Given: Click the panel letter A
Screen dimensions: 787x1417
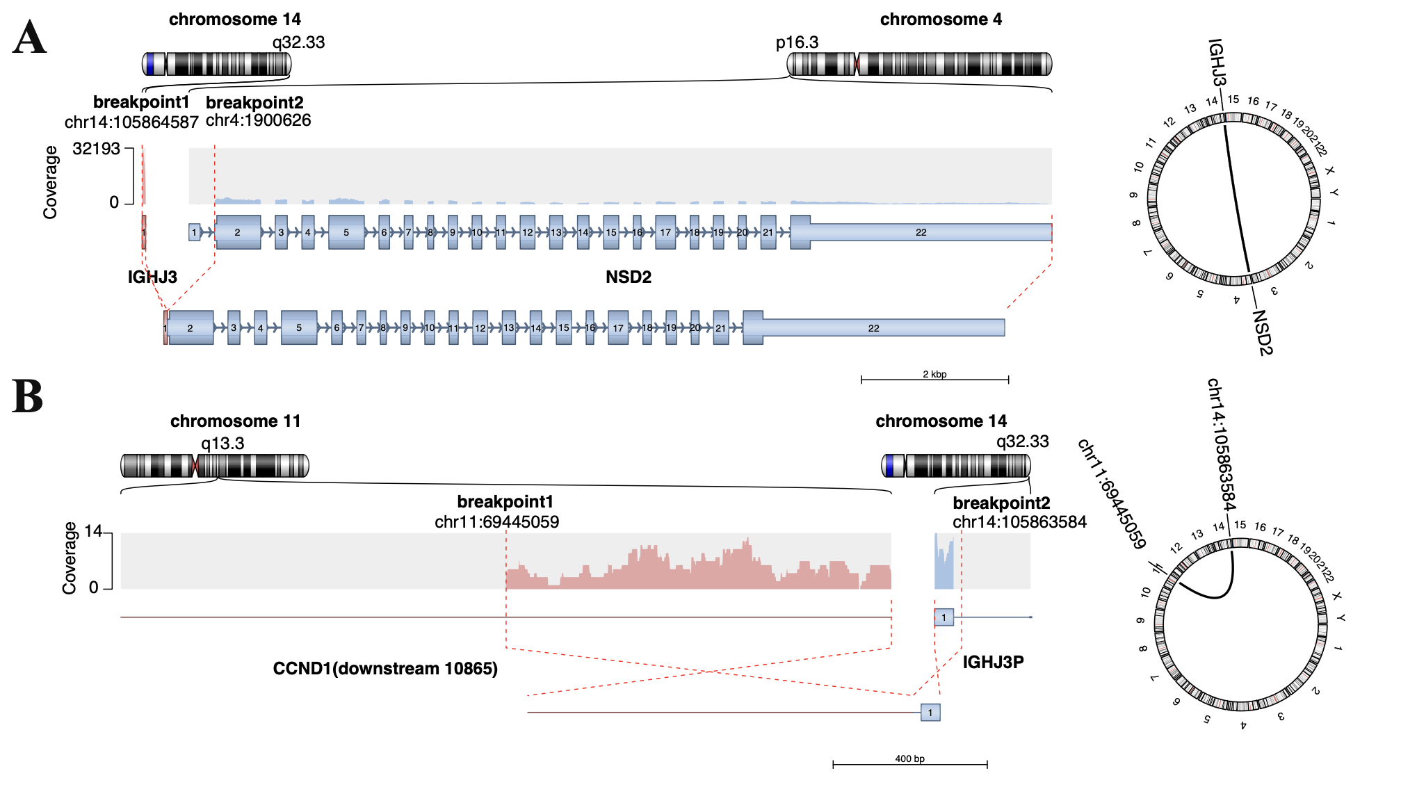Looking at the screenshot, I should tap(29, 38).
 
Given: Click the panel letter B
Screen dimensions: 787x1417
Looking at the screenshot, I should tap(28, 397).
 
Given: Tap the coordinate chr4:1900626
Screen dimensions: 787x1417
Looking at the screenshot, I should tap(258, 120).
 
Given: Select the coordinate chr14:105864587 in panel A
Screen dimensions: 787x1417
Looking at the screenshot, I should tap(131, 122).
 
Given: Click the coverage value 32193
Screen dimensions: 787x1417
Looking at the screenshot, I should tap(96, 149).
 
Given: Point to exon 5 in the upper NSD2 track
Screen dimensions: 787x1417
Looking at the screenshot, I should tap(346, 232).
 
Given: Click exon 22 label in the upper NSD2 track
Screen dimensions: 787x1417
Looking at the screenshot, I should tap(921, 232).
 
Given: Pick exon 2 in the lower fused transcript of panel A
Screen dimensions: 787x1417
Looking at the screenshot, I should tap(190, 328).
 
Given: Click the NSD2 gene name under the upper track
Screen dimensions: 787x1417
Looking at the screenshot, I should tap(628, 277).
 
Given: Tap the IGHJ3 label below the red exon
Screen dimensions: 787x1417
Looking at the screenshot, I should tap(152, 277).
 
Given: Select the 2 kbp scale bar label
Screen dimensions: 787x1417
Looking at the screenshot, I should tap(934, 374).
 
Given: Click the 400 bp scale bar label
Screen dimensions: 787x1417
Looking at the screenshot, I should tap(909, 758).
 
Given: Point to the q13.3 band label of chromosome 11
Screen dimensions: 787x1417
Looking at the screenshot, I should tap(222, 444).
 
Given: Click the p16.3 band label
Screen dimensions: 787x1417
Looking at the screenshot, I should tap(797, 42).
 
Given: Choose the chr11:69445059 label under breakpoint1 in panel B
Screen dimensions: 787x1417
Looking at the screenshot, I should tap(496, 522).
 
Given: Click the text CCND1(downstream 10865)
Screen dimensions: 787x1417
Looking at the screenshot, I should tap(385, 669).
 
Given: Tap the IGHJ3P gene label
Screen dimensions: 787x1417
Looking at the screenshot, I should tap(993, 662).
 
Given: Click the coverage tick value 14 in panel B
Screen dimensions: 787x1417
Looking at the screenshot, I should tap(93, 532).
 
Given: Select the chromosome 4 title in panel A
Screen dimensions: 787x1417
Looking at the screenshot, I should tap(941, 19).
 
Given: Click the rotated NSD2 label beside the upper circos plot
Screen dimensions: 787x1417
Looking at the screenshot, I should tap(1263, 332).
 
